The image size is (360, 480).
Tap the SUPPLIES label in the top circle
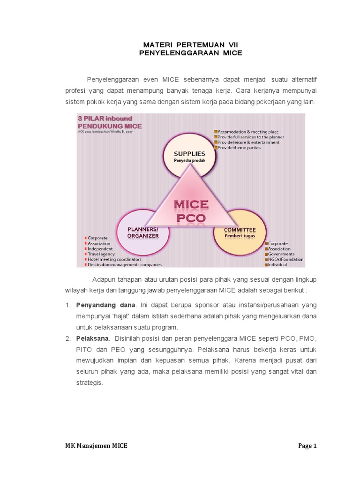tap(189, 153)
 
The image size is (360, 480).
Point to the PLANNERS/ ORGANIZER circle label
tap(143, 232)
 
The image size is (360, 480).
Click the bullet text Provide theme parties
tap(239, 148)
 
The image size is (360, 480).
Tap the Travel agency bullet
tap(102, 254)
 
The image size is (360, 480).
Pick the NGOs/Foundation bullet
tap(285, 259)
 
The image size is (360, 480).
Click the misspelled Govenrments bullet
tap(282, 254)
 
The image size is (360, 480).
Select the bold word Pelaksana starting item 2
tap(92, 338)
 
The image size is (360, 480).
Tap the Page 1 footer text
tap(307, 446)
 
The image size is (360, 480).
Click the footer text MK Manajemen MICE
tap(96, 446)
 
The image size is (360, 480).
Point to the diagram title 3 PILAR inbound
tap(105, 119)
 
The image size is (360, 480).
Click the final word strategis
tap(89, 382)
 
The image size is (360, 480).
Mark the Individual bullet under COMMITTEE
tap(277, 265)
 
